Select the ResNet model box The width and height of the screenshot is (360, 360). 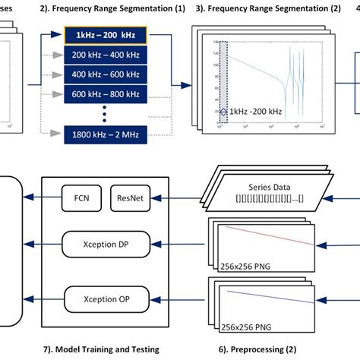[x=127, y=198]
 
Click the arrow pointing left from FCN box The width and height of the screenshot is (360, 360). [x=39, y=199]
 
